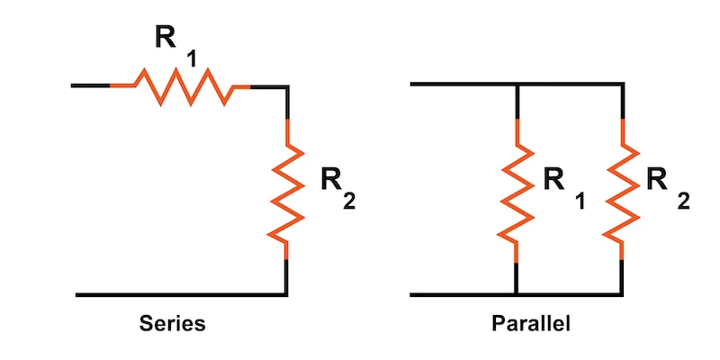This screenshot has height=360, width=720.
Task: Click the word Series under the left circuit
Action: [172, 323]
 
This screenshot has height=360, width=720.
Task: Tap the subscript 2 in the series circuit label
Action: [349, 202]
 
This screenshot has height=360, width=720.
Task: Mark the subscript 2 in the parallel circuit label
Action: [683, 202]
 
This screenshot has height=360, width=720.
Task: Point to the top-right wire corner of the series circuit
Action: [287, 86]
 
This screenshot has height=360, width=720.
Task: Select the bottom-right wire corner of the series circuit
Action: [287, 294]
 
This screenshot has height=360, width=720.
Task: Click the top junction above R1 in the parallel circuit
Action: [516, 85]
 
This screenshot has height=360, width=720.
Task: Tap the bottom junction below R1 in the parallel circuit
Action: [516, 294]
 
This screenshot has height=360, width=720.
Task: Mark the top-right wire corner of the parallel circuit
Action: [622, 85]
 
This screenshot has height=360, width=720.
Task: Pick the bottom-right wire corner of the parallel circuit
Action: [622, 294]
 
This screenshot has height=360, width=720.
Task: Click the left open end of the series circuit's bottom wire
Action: [78, 294]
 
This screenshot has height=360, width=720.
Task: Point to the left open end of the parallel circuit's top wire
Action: [411, 85]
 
